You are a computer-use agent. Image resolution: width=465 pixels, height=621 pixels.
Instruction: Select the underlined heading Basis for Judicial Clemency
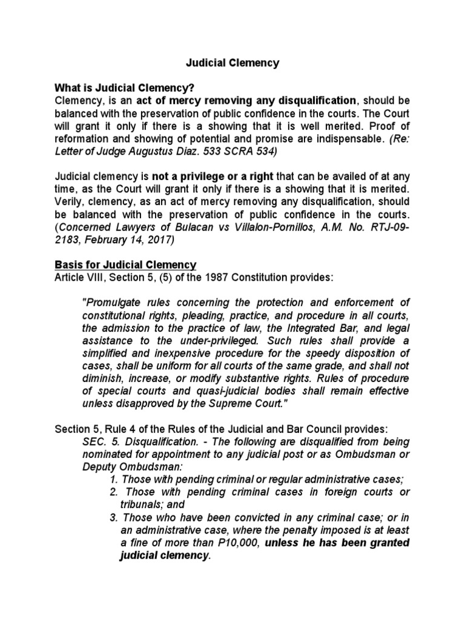(126, 264)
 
